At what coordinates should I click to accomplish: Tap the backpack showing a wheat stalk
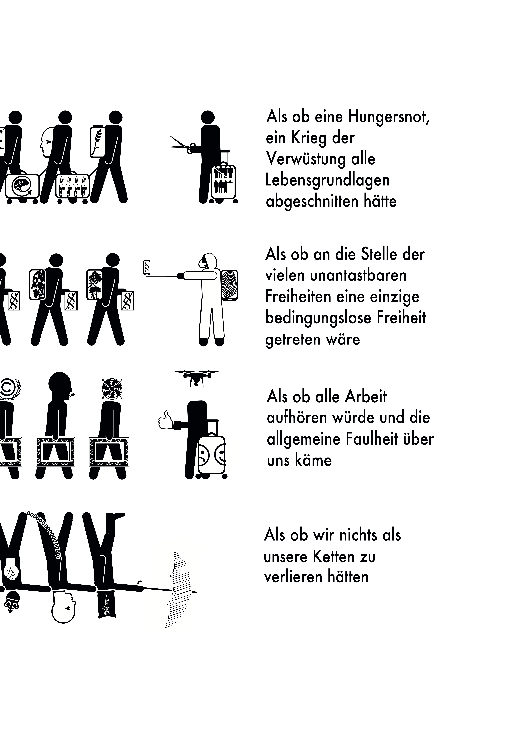point(98,142)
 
